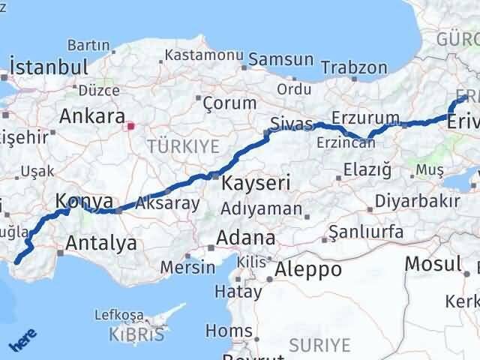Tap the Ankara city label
pyautogui.click(x=92, y=116)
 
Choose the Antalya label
pyautogui.click(x=101, y=242)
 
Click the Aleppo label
pyautogui.click(x=308, y=268)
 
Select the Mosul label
pyautogui.click(x=432, y=264)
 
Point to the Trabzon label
pyautogui.click(x=355, y=67)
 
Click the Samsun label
pyautogui.click(x=271, y=59)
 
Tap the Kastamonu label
pyautogui.click(x=204, y=55)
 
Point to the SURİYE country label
pyautogui.click(x=319, y=345)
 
